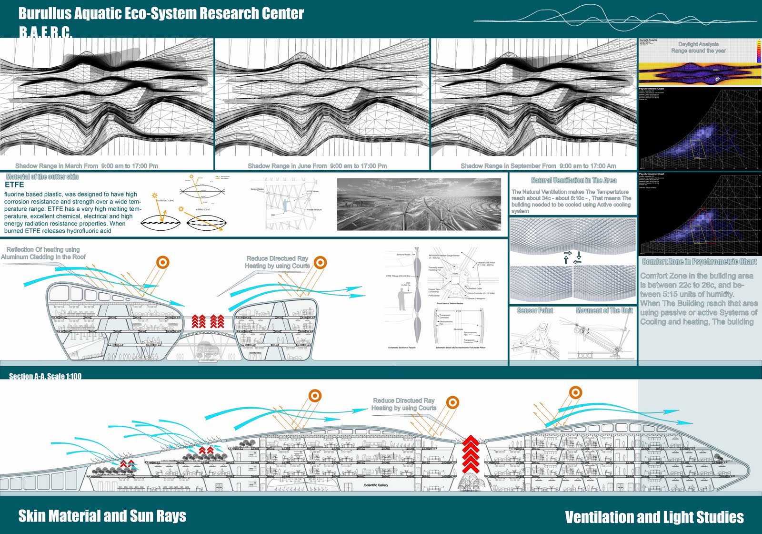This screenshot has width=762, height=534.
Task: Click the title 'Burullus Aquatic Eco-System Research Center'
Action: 161,13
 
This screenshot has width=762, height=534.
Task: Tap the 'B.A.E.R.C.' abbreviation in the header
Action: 45,32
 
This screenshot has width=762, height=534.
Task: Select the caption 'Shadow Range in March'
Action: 87,166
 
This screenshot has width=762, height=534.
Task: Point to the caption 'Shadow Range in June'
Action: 317,166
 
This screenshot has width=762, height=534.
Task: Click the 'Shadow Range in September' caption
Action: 538,166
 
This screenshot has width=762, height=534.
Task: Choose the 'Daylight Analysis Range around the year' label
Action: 698,47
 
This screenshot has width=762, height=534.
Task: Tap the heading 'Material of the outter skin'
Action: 42,177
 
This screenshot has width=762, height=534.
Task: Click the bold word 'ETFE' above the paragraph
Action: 14,185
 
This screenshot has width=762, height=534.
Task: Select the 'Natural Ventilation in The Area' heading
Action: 573,181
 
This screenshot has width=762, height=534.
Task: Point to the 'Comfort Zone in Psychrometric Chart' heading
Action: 699,262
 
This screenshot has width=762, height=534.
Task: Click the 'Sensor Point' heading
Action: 535,311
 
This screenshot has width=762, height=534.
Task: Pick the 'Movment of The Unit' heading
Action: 604,311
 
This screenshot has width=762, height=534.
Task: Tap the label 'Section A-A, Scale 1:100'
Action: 45,376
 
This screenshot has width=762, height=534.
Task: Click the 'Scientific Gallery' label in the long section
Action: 376,485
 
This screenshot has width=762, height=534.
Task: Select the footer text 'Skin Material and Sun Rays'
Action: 102,516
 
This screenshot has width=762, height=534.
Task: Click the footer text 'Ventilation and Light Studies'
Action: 654,517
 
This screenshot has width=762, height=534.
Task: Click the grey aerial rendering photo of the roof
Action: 419,204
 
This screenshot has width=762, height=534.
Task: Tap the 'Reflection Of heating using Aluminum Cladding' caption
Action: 44,253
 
